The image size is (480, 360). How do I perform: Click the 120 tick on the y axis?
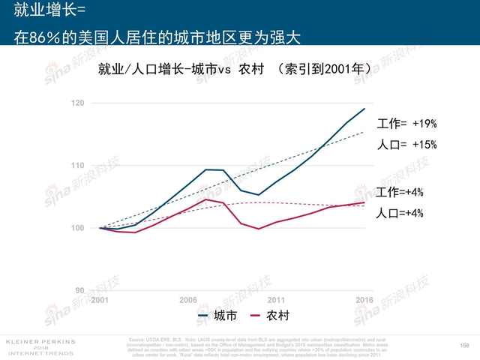(77, 103)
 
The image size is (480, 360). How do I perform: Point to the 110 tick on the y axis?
(77, 165)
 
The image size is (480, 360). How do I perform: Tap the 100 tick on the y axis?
(77, 227)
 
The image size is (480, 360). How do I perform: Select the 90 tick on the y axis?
(79, 290)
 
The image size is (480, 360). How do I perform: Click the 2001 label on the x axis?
(100, 300)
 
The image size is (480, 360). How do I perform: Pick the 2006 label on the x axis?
(188, 300)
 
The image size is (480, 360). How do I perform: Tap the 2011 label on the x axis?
(276, 300)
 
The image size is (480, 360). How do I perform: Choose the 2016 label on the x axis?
(364, 300)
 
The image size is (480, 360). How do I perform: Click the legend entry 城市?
(217, 316)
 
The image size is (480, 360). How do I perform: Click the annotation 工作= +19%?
(406, 124)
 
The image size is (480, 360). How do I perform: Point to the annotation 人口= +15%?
(406, 144)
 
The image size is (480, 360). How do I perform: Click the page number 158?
(464, 345)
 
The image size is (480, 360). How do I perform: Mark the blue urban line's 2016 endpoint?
(364, 109)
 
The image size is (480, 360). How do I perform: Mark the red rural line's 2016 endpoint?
(364, 202)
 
